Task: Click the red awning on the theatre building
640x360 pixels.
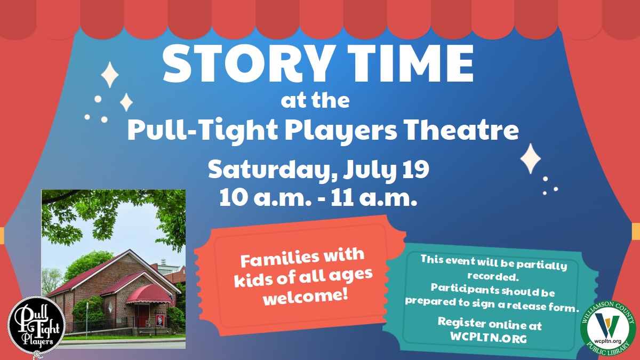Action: point(150,294)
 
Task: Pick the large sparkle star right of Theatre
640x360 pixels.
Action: point(530,158)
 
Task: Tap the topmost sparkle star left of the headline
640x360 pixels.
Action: point(110,74)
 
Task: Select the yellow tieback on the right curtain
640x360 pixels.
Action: point(636,231)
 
